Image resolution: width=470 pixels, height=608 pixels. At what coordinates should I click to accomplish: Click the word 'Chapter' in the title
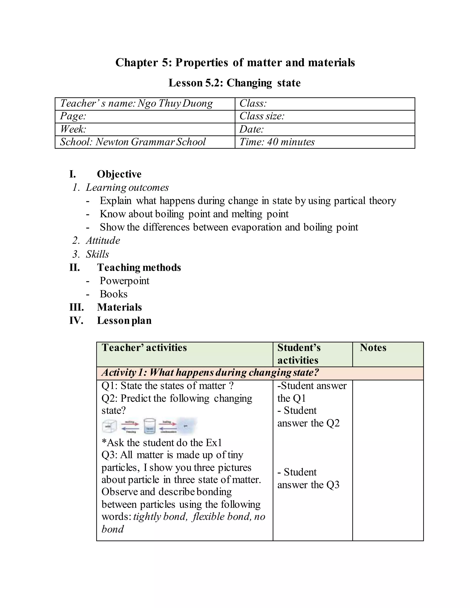pos(137,63)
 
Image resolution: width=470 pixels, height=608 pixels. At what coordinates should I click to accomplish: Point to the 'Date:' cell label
pos(252,129)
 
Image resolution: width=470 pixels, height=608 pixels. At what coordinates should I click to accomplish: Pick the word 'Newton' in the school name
pos(112,142)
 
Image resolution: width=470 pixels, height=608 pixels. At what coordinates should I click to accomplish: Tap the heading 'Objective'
pos(119,174)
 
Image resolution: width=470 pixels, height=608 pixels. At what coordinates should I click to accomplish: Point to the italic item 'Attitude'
pos(103,240)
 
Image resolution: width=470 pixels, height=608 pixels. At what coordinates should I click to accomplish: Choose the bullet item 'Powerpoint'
pos(124,281)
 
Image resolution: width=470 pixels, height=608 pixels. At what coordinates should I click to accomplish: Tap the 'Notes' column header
pos(373,348)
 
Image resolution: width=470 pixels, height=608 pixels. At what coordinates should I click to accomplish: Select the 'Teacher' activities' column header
pos(144,348)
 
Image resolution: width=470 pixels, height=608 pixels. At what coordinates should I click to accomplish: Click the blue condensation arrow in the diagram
pos(168,429)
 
